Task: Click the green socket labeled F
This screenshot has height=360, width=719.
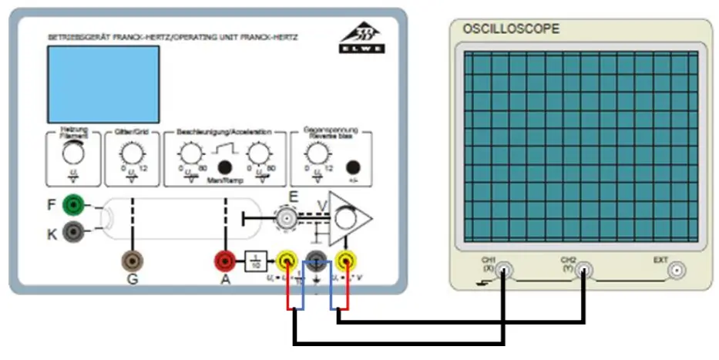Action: [x=75, y=204]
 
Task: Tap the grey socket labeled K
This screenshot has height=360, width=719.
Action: [x=75, y=230]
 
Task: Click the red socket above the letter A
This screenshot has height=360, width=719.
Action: [x=225, y=261]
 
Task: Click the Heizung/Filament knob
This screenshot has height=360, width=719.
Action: [x=75, y=154]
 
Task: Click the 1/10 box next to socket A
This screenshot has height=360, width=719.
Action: [x=255, y=262]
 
